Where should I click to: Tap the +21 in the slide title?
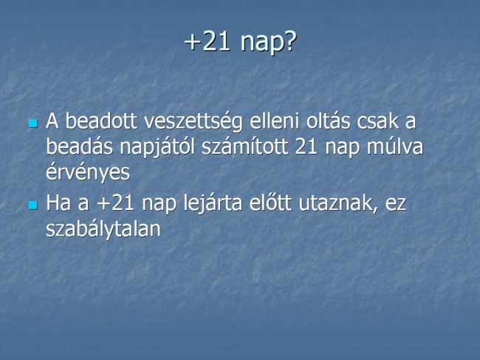tap(208, 41)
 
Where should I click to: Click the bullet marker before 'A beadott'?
tap(33, 123)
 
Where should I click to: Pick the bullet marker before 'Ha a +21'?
tap(33, 205)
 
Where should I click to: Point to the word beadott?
tap(101, 120)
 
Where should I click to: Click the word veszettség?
tap(193, 122)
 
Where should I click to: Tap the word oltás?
tap(328, 120)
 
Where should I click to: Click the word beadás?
tap(79, 147)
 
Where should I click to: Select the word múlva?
tap(395, 147)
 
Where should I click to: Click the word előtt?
tap(270, 203)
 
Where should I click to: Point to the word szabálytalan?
tap(103, 229)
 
